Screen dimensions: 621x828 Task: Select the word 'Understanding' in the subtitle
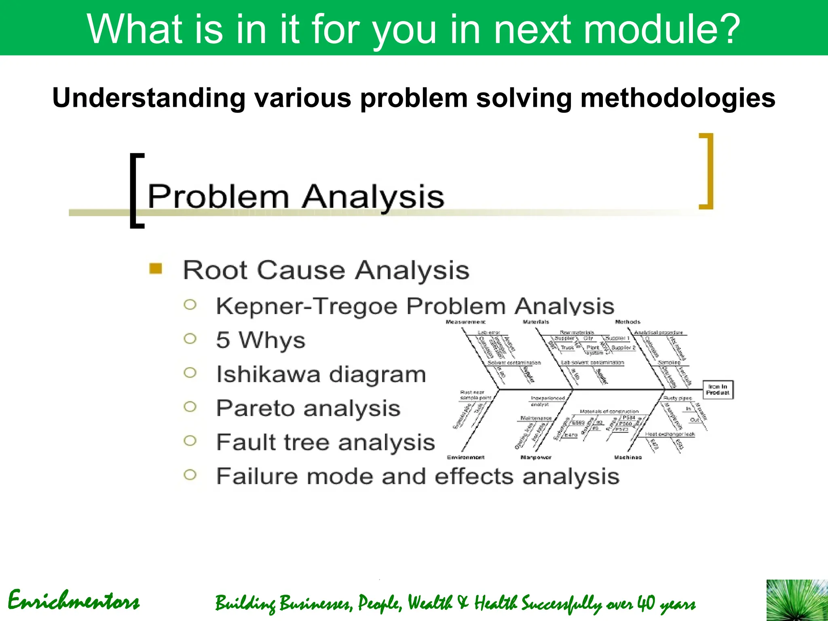(x=148, y=98)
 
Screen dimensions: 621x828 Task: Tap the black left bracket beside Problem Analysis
(x=136, y=190)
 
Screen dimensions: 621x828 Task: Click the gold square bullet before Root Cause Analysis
(x=156, y=268)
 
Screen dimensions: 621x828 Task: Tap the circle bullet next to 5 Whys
(x=190, y=338)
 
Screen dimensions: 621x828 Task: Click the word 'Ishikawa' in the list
(x=268, y=374)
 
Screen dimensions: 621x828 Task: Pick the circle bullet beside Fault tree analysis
(x=190, y=440)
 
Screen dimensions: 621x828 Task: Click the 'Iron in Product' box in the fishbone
(x=718, y=390)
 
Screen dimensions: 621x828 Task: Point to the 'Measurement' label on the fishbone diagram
(x=465, y=322)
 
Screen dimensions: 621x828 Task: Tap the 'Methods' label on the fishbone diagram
(x=627, y=322)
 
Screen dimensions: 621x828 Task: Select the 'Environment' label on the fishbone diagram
(x=465, y=457)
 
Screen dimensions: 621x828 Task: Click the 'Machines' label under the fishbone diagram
(x=627, y=457)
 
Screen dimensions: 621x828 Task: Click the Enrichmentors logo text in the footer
(x=74, y=601)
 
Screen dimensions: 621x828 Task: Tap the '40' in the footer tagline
(x=646, y=603)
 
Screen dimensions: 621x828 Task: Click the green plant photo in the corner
(x=797, y=600)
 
